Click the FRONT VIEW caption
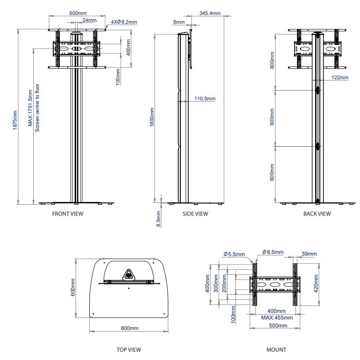coord(67,214)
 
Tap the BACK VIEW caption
coord(317,214)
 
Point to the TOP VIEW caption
coord(129,350)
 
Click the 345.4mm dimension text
coord(209,14)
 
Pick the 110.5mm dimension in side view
coord(205,99)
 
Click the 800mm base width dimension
coord(130,328)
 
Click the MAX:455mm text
coord(276,317)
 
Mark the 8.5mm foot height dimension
coord(159,218)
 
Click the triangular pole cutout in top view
coord(129,275)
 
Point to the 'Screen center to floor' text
coord(38,108)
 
